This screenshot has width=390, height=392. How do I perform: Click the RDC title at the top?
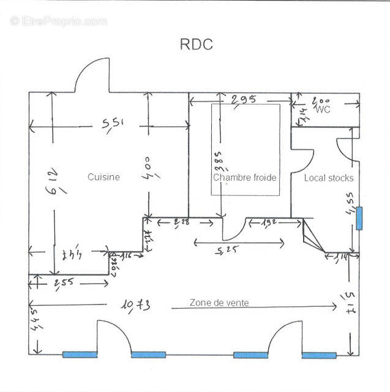click(x=196, y=45)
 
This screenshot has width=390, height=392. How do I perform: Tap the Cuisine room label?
click(x=103, y=177)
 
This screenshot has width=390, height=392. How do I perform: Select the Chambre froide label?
click(x=245, y=178)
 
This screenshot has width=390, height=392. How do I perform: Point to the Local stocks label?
click(x=329, y=178)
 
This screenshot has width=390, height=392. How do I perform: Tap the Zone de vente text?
click(x=219, y=303)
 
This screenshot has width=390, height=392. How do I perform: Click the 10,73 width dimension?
click(x=136, y=304)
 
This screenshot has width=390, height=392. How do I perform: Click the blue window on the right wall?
click(x=359, y=218)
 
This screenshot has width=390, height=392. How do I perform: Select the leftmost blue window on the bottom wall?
click(x=80, y=354)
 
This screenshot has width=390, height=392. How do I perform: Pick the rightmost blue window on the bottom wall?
click(x=319, y=355)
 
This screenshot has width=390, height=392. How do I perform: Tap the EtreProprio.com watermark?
click(x=58, y=21)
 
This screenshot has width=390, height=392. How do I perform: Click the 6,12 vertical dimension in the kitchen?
click(x=55, y=182)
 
